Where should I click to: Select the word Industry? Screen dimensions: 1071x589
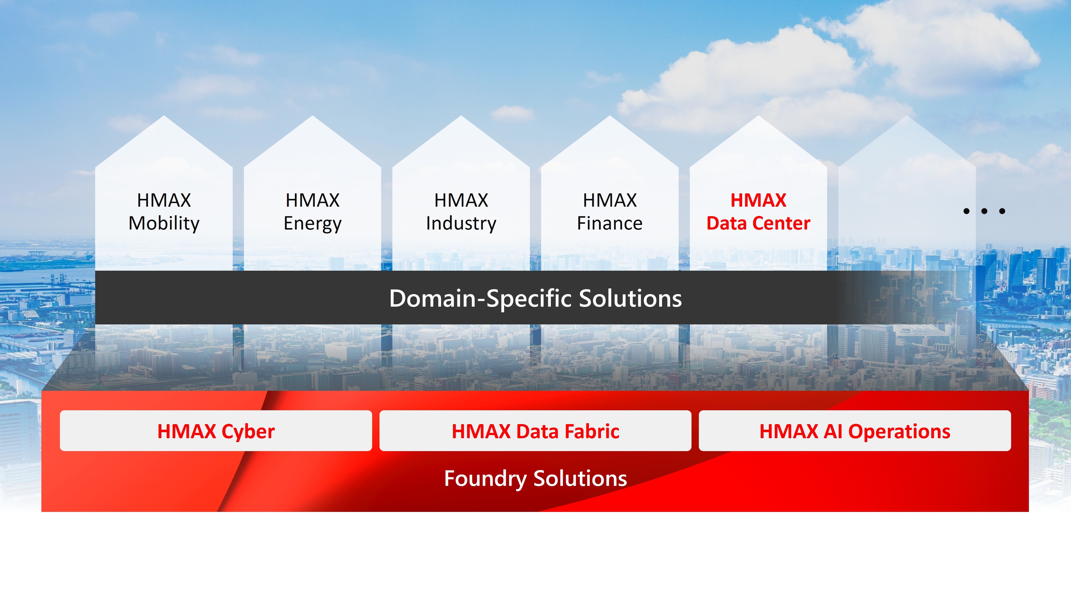(461, 223)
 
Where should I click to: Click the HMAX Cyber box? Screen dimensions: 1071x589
(216, 431)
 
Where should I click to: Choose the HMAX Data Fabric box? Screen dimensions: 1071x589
(535, 431)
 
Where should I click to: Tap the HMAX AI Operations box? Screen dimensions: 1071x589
(855, 431)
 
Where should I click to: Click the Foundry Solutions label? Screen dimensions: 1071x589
(535, 479)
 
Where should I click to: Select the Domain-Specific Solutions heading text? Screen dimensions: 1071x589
(535, 298)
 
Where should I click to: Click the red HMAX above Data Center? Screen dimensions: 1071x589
(758, 200)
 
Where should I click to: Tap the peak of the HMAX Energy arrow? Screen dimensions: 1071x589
(312, 116)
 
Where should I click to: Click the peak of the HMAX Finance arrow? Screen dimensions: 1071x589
(609, 116)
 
